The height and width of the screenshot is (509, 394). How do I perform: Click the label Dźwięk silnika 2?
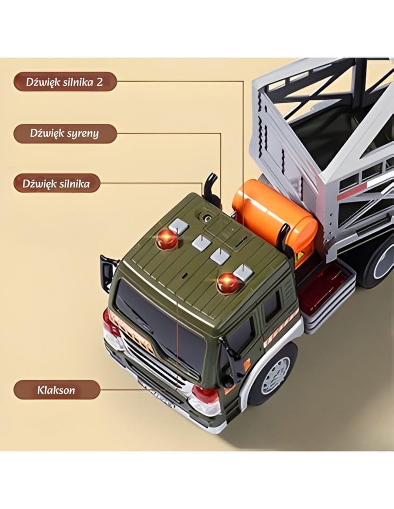(65, 82)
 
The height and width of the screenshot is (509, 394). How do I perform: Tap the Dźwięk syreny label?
(65, 133)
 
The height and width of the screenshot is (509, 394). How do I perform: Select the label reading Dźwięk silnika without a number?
(57, 183)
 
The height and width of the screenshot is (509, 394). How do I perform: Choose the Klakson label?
(57, 390)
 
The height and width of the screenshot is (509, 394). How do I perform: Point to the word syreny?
(79, 134)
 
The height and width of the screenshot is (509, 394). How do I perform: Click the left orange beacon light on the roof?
(167, 240)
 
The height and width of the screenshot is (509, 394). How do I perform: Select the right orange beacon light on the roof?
(228, 283)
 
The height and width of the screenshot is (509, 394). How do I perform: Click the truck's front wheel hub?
(276, 375)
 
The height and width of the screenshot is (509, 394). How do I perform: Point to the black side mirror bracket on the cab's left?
(108, 272)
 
